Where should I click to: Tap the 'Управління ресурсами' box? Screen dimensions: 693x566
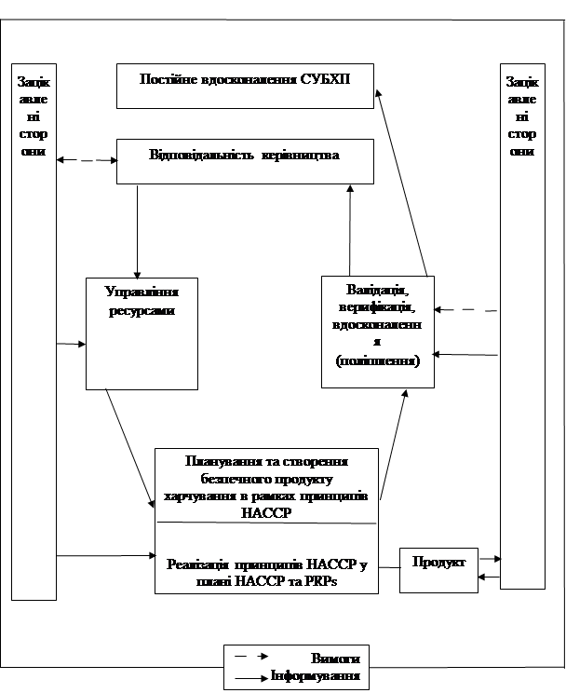(141, 333)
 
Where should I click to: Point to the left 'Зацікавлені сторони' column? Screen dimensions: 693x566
(33, 331)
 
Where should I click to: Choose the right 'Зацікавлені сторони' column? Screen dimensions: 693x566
(521, 326)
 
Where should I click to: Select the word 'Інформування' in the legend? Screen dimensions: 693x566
(315, 676)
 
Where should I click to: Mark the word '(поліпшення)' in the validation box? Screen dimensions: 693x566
(377, 360)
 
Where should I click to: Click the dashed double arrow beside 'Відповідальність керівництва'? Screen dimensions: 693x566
(86, 160)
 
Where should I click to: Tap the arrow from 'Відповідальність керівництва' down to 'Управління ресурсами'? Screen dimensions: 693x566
(138, 228)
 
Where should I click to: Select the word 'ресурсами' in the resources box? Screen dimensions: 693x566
(141, 311)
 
